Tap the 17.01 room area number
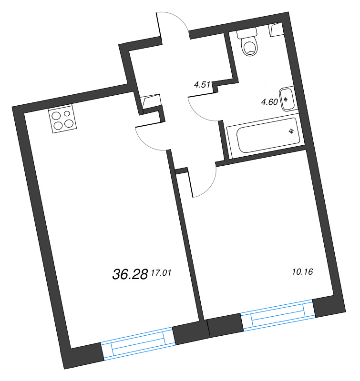coord(160,273)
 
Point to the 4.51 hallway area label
coord(203,85)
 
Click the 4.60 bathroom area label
coord(269,101)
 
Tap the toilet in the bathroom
coord(249,46)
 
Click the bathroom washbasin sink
coord(287,99)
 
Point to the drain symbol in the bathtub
coord(290,131)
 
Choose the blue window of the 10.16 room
coord(278,315)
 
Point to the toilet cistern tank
coord(247,32)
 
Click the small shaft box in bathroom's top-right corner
coord(275,30)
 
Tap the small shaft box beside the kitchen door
coord(151,101)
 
